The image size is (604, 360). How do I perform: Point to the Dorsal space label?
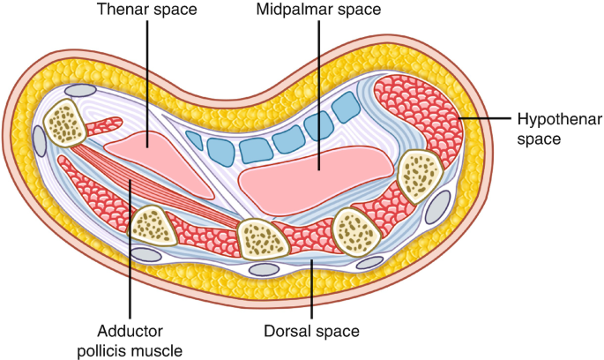(x=313, y=331)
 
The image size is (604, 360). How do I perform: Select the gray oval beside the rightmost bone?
(x=437, y=208)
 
